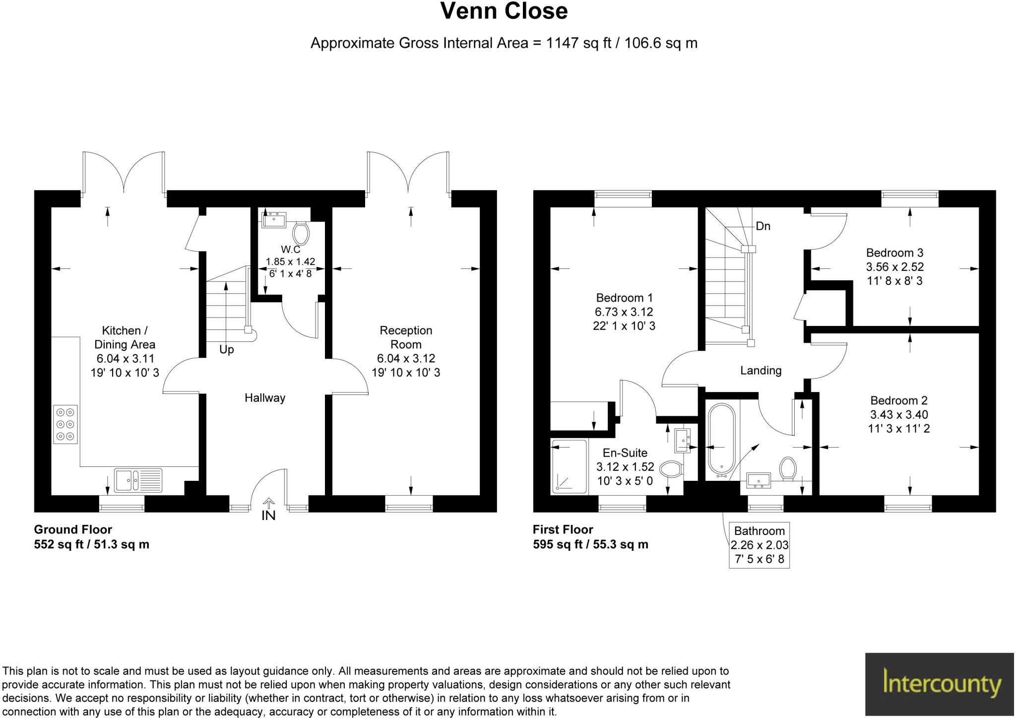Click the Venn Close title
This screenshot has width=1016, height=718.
504,11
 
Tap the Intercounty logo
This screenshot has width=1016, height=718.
940,684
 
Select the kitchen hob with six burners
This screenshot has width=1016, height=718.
65,424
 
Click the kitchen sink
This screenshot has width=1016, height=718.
138,480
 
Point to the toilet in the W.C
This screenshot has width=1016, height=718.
301,232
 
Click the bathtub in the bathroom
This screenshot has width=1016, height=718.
721,439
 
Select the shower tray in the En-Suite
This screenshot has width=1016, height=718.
570,466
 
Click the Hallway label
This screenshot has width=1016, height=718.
265,398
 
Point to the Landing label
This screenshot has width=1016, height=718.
761,371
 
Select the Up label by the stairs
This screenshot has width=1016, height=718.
227,350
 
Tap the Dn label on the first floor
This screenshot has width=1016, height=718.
763,226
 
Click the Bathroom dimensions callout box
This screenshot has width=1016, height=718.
759,545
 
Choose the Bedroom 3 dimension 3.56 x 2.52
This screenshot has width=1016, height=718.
895,267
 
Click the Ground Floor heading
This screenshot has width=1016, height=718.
73,529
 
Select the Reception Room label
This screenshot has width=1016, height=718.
406,337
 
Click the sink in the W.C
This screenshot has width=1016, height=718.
274,219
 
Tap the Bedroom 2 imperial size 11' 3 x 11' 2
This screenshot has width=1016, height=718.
898,428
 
